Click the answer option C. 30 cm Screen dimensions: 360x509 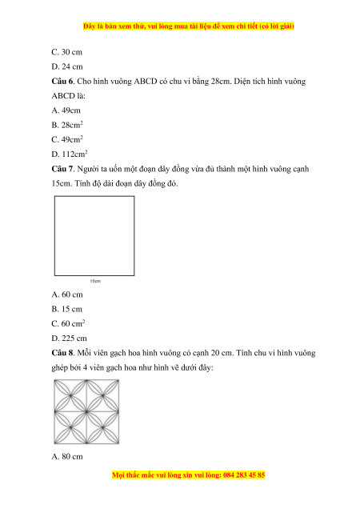pos(67,52)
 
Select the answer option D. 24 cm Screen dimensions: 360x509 pos(67,66)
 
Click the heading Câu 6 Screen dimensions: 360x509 pos(63,81)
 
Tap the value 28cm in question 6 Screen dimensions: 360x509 pos(221,81)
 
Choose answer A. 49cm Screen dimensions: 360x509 pos(66,110)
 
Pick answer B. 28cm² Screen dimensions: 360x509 pos(67,125)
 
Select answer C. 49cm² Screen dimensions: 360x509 pos(67,139)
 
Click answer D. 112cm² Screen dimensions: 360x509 pos(70,154)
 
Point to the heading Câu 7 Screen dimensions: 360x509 pos(63,169)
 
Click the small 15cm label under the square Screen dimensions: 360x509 pos(95,281)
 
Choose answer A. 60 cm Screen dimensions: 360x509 pos(67,295)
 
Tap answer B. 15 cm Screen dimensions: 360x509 pos(67,309)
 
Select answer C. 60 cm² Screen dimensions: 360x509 pos(68,323)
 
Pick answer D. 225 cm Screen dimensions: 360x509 pos(69,339)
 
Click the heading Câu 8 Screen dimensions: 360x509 pos(63,353)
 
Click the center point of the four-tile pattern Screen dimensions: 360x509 pos(86,411)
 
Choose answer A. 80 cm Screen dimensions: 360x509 pos(67,456)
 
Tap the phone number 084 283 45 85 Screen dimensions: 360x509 pos(244,475)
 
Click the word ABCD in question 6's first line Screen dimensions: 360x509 pos(146,81)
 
